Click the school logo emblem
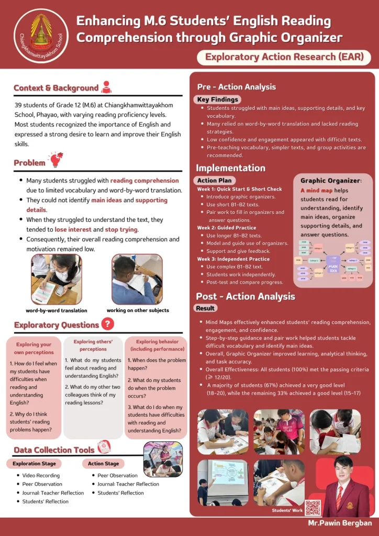pos(41,35)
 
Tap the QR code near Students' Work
pos(313,508)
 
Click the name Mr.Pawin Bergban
pos(340,523)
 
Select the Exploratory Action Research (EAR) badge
pos(284,57)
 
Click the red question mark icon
pos(107,324)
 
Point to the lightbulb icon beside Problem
pos(55,160)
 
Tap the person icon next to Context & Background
pos(106,87)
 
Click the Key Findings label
pos(217,99)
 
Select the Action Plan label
pos(213,180)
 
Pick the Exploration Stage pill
pos(34,464)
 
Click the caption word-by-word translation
pos(57,310)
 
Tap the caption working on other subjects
pos(138,310)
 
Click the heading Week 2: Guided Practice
pos(227,228)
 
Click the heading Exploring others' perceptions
pos(93,345)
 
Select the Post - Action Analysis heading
pos(246,296)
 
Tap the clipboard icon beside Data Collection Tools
pos(104,447)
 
